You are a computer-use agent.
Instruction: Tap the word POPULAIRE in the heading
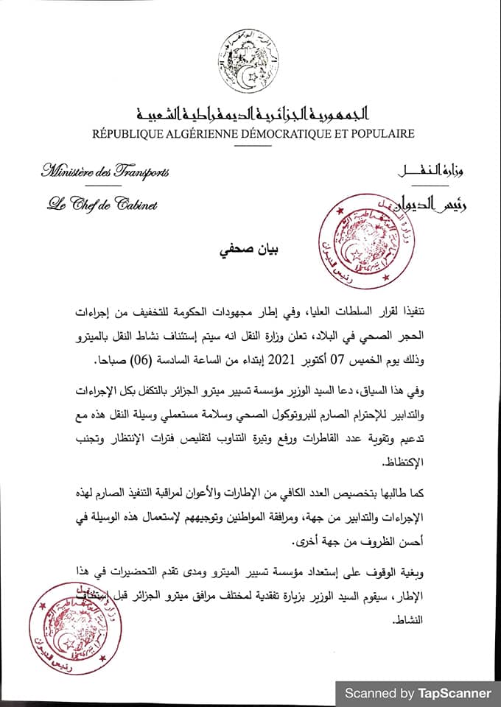click(x=376, y=133)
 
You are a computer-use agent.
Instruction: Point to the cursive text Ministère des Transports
click(x=105, y=172)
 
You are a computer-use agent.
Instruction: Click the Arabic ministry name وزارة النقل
click(x=434, y=172)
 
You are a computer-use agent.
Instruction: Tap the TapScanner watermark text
click(x=417, y=693)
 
